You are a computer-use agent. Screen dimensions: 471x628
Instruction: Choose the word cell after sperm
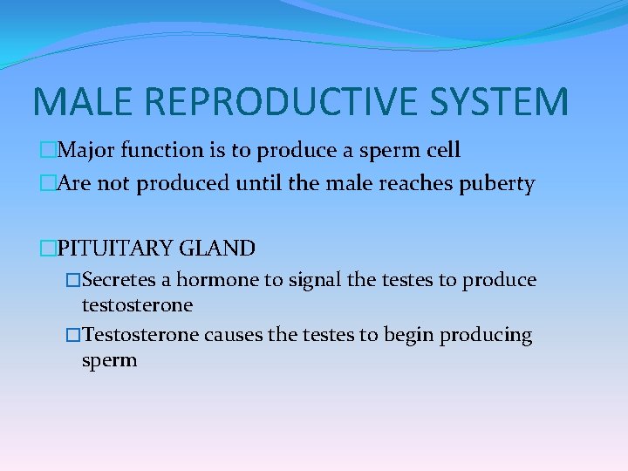click(x=440, y=150)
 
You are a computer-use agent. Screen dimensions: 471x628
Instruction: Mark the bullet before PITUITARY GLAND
click(x=47, y=249)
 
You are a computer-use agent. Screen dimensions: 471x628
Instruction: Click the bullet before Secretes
click(x=74, y=280)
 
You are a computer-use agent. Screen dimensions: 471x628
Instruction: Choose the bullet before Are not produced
click(x=47, y=185)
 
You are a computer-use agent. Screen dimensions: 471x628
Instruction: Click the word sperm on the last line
click(x=109, y=360)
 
